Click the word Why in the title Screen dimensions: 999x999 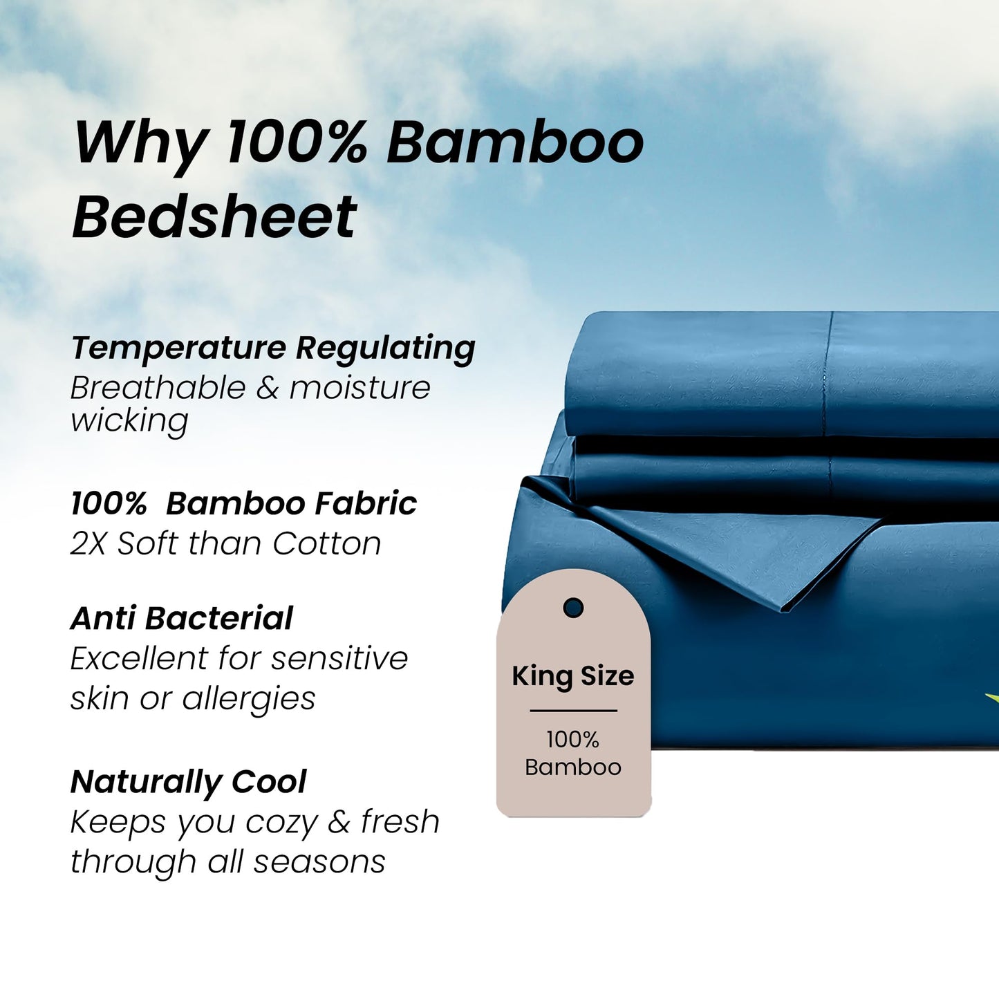(x=138, y=143)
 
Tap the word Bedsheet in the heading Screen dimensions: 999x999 (x=214, y=217)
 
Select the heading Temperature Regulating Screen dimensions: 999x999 (x=273, y=348)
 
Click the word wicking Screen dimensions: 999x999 (x=129, y=420)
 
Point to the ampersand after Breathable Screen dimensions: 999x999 (x=267, y=388)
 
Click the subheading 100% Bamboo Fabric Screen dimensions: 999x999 (x=243, y=503)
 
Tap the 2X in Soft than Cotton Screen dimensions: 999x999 (x=88, y=544)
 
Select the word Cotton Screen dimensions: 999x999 (x=326, y=544)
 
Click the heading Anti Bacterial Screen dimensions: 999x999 (x=182, y=618)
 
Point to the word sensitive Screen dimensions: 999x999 (x=339, y=658)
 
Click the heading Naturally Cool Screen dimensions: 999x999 (x=188, y=782)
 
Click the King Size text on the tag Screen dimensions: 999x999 (x=572, y=676)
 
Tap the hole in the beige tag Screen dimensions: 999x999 (x=573, y=608)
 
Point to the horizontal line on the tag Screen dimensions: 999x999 (x=573, y=710)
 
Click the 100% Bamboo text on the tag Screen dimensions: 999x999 (x=573, y=754)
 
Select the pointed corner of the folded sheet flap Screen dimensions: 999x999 (x=783, y=610)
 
